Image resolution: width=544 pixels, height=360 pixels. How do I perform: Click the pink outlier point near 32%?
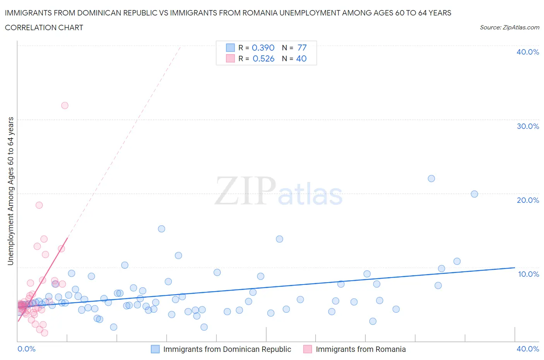(65, 105)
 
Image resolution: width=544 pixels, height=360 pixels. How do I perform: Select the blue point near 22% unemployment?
(431, 178)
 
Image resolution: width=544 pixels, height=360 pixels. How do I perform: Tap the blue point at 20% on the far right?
(474, 194)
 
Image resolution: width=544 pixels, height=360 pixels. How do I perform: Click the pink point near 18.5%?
(39, 205)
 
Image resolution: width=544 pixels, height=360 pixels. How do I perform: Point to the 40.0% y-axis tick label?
(528, 52)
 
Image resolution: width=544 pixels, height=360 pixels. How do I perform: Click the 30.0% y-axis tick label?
(528, 126)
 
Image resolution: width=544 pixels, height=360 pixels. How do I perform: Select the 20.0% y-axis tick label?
(528, 200)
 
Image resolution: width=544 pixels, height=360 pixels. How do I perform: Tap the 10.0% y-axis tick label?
(528, 274)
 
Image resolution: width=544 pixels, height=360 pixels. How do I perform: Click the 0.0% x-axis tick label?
(26, 349)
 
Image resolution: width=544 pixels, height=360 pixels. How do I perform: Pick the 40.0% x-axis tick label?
(528, 349)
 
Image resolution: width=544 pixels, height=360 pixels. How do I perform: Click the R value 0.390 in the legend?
(263, 48)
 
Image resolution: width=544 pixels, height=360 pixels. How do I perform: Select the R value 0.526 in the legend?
(263, 58)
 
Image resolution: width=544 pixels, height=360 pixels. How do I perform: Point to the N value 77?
(302, 48)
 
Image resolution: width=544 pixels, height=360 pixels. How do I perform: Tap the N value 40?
(301, 58)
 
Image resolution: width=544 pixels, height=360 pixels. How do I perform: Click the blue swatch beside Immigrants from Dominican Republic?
(155, 349)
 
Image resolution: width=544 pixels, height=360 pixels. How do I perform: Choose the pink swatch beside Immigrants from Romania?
(308, 349)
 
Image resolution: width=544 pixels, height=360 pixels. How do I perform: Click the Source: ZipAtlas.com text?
(509, 27)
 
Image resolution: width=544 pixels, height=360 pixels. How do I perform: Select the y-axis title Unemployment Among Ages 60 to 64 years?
(10, 191)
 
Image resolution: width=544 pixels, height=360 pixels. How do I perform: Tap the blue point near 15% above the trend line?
(161, 229)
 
